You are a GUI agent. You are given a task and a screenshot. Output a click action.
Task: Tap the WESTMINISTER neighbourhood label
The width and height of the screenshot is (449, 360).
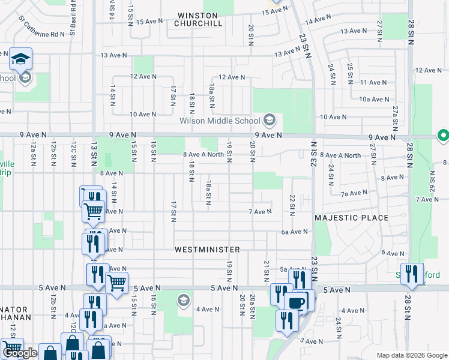208,249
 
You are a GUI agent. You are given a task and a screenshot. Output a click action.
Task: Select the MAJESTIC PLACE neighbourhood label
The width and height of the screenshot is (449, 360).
352,217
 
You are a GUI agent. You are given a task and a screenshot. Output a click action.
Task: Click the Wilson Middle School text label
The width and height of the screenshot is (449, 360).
220,121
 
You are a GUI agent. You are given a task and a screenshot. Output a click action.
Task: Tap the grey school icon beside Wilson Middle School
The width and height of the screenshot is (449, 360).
270,120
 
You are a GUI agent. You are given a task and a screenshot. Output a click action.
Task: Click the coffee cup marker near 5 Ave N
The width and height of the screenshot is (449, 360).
295,302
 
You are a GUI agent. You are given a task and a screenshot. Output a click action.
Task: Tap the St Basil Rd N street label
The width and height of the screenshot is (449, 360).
73,18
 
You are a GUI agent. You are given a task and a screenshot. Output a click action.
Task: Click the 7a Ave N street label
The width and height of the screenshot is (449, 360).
354,193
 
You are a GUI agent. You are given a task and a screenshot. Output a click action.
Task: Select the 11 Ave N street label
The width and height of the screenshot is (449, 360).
373,82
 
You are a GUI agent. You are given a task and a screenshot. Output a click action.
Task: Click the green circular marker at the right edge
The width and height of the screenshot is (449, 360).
444,136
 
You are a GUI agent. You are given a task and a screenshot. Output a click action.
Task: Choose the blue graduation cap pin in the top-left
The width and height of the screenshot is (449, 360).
20,59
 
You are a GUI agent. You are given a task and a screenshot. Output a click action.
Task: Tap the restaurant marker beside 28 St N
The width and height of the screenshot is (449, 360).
412,273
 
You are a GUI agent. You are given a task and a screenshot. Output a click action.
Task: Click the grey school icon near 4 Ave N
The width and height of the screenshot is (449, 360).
182,300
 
